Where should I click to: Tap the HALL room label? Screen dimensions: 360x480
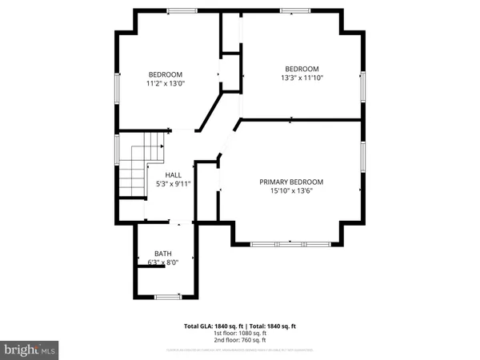pyautogui.click(x=173, y=174)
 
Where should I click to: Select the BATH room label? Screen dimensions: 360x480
pyautogui.click(x=163, y=254)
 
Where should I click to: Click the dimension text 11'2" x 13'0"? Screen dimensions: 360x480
pyautogui.click(x=164, y=82)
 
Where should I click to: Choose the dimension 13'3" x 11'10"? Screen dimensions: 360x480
pyautogui.click(x=302, y=78)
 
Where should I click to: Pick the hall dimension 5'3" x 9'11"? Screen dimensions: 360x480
pyautogui.click(x=173, y=184)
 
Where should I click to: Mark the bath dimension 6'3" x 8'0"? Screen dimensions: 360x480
pyautogui.click(x=163, y=262)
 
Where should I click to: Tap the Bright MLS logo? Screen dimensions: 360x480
pyautogui.click(x=30, y=350)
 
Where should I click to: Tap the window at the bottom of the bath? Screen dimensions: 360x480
pyautogui.click(x=166, y=297)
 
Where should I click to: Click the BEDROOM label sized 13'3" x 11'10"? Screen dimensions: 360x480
pyautogui.click(x=302, y=69)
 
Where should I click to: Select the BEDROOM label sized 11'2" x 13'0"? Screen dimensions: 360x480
pyautogui.click(x=164, y=74)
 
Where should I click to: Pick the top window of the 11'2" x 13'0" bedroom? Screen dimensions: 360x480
pyautogui.click(x=181, y=10)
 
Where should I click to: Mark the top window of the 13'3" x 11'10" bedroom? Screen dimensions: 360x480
pyautogui.click(x=296, y=10)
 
